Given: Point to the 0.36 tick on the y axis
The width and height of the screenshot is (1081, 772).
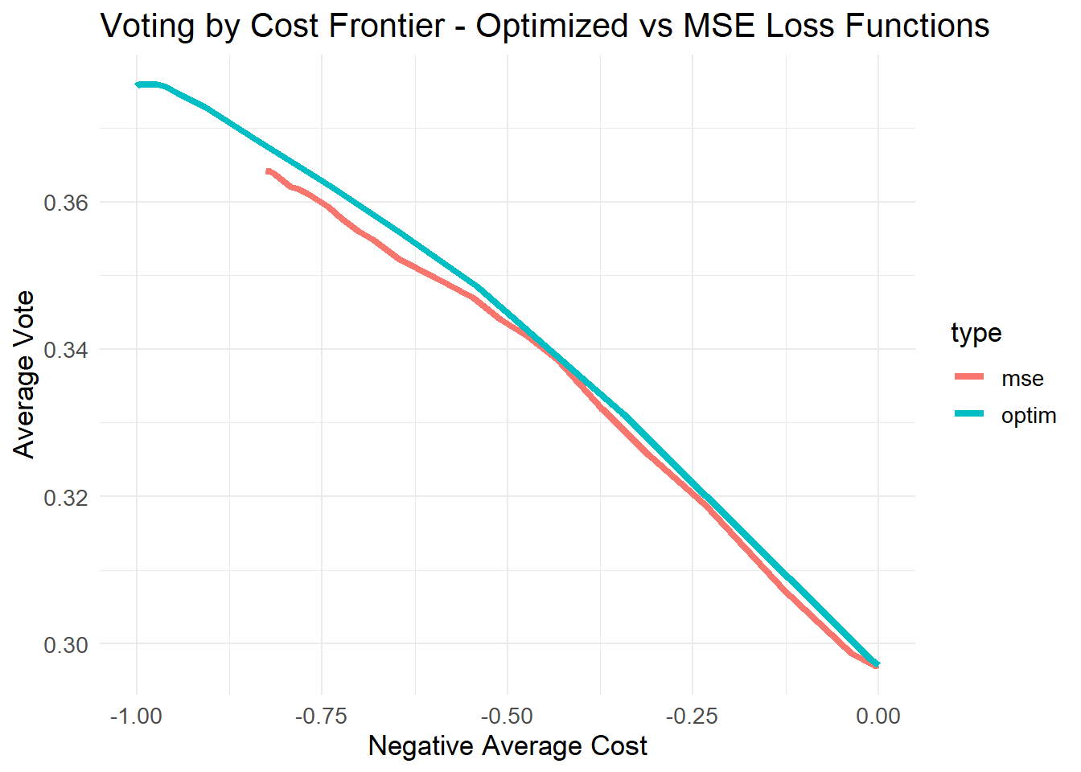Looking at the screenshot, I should tap(66, 203).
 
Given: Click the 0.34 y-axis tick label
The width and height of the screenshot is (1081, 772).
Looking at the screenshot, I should tap(66, 350).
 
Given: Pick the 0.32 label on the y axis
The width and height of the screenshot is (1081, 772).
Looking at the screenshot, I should tap(66, 497).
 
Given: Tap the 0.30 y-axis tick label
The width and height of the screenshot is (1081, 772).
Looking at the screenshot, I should tap(66, 645).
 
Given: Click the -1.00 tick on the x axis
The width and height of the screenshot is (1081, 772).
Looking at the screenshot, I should tap(136, 716).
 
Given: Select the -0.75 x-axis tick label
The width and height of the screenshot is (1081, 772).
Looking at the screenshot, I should tap(322, 716).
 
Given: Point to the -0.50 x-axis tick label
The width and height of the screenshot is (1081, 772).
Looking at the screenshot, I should tap(507, 716).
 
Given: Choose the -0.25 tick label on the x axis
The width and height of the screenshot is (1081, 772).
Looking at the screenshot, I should tap(693, 716).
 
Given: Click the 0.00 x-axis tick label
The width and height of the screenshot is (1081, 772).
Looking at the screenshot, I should tap(878, 716).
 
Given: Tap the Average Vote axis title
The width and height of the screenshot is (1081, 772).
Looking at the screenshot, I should tap(24, 375).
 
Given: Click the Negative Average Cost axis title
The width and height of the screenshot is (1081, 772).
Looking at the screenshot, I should tap(508, 746).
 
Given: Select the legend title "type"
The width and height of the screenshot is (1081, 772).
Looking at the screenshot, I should tap(976, 332).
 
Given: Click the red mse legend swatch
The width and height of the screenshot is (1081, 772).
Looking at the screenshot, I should tap(969, 377).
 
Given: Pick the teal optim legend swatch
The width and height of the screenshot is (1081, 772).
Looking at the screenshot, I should tap(969, 414).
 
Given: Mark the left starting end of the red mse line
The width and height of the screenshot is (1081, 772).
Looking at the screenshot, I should tap(269, 171).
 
